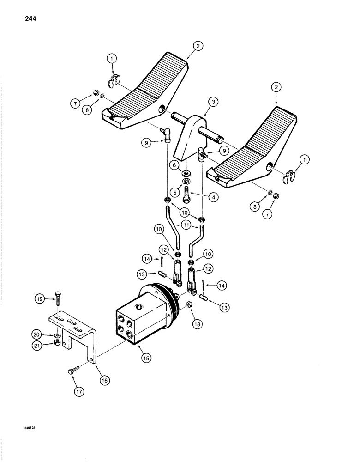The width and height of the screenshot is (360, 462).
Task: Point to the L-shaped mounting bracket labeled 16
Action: (78, 333)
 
